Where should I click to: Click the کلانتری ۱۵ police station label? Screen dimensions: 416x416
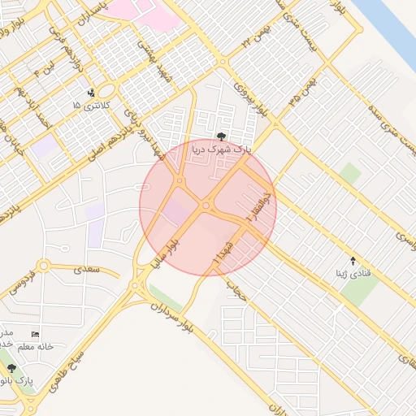(x=89, y=106)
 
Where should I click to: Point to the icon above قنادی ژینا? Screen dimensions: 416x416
(x=353, y=261)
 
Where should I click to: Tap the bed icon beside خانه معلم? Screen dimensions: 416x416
(x=34, y=334)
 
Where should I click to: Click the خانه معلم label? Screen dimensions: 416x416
(x=38, y=346)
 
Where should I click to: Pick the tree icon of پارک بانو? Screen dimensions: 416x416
(x=11, y=368)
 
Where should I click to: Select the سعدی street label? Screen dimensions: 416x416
(x=84, y=267)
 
